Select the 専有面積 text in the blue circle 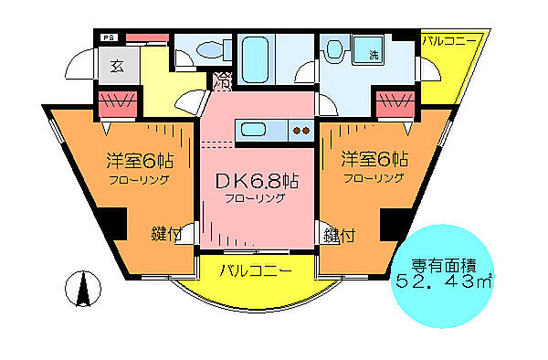click(444, 264)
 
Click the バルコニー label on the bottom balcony click(257, 271)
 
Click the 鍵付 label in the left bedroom click(167, 235)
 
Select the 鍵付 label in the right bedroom click(339, 235)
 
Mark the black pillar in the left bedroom click(114, 223)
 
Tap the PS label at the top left click(109, 37)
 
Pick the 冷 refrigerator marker click(222, 81)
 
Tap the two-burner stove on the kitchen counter click(300, 132)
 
